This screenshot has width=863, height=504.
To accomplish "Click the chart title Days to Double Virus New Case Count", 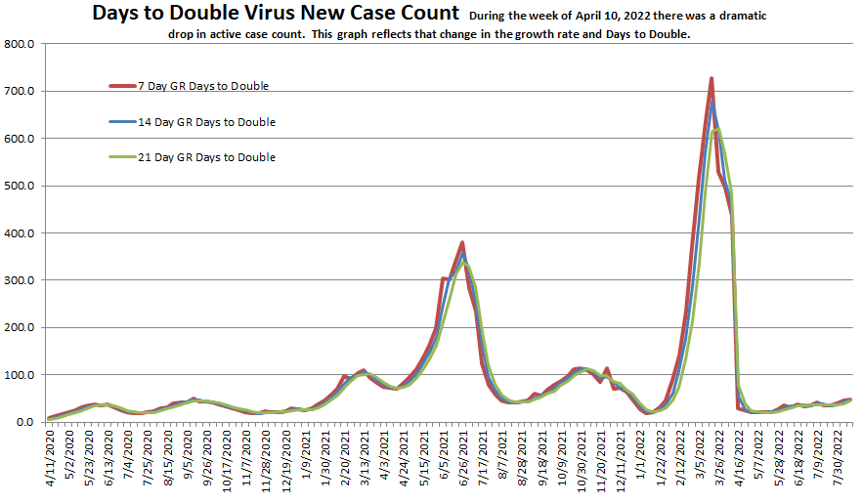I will [x=275, y=14].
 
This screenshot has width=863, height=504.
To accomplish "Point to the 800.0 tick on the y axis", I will [x=20, y=44].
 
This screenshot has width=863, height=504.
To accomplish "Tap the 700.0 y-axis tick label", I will [x=20, y=92].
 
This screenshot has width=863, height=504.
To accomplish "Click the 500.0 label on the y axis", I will [x=20, y=186].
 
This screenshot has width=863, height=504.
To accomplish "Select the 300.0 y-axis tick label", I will [x=20, y=280].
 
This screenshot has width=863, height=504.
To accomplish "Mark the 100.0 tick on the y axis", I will [x=20, y=375].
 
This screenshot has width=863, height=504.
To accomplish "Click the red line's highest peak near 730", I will [x=711, y=78].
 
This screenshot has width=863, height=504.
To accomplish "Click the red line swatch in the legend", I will [x=120, y=86].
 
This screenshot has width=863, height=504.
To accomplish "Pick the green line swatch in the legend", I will [x=120, y=157].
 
